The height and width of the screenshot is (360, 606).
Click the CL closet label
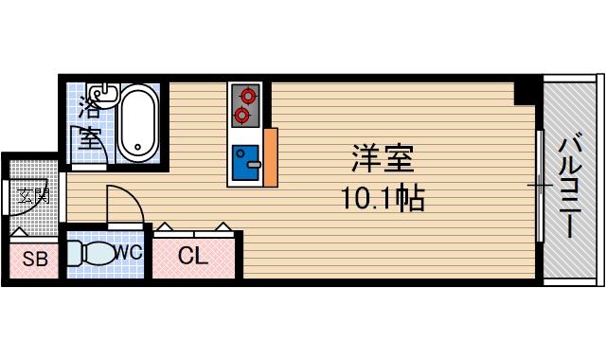coord(192,255)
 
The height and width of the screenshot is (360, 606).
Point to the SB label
coord(34,259)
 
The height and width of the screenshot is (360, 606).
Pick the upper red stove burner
coord(248,95)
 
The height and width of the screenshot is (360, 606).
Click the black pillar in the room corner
coord(525,91)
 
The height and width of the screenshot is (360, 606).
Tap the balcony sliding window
coord(539,184)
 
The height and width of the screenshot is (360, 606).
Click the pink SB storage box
coord(34,259)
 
